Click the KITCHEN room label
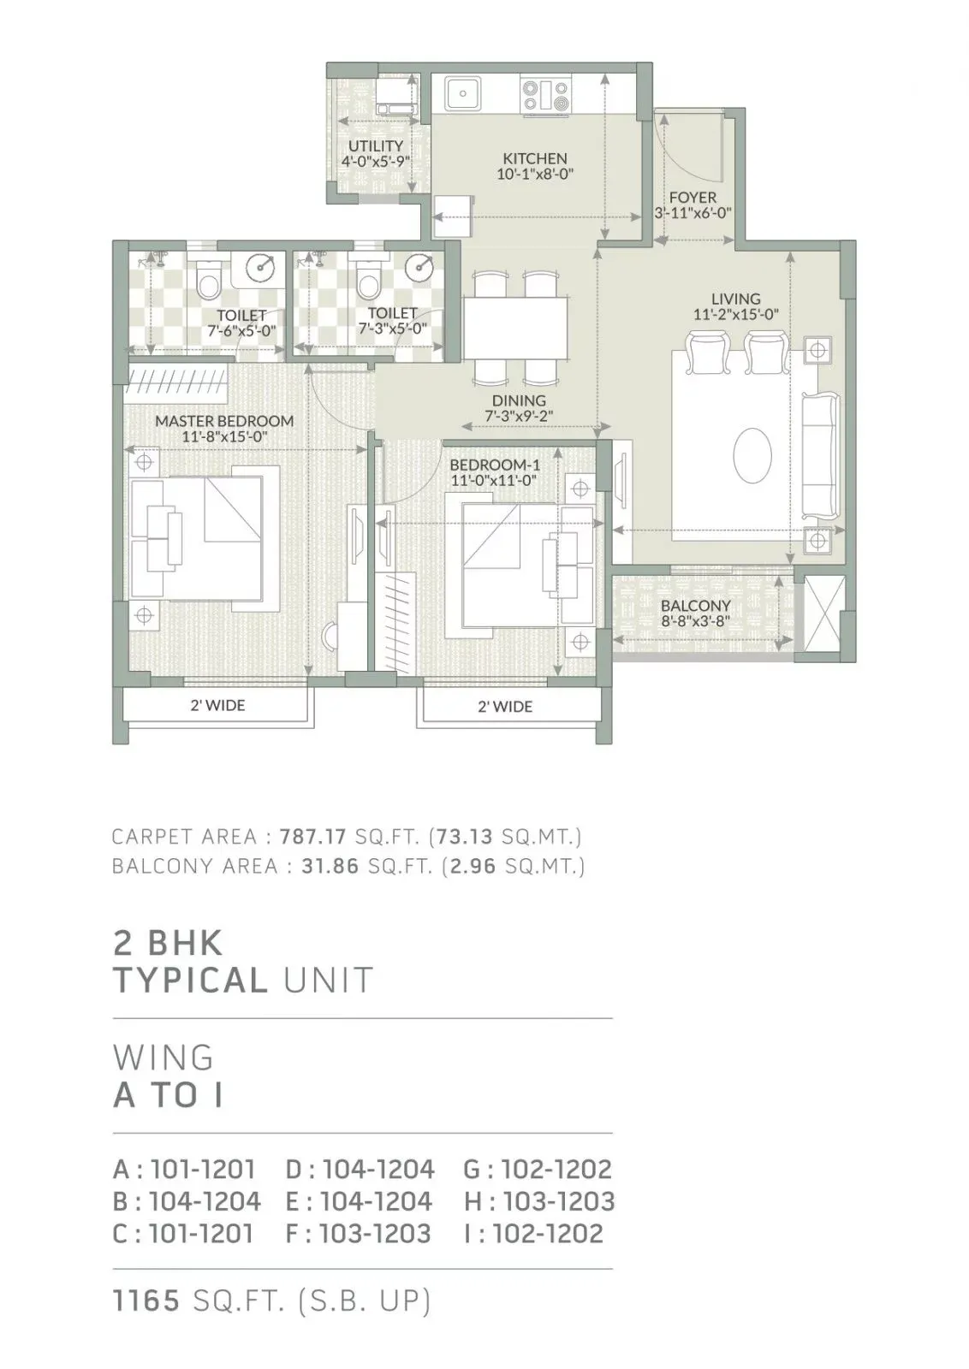535,158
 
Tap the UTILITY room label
376,146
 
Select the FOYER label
693,198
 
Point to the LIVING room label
736,299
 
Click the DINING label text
519,401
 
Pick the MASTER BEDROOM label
224,421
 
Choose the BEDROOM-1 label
495,465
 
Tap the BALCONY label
696,606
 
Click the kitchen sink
463,93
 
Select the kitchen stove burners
546,96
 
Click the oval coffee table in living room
752,456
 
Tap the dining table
514,329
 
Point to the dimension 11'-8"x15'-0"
224,437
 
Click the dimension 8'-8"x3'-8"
696,622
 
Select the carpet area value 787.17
313,836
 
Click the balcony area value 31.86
330,866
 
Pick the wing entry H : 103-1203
539,1201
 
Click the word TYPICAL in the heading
191,981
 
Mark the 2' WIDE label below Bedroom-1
505,707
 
